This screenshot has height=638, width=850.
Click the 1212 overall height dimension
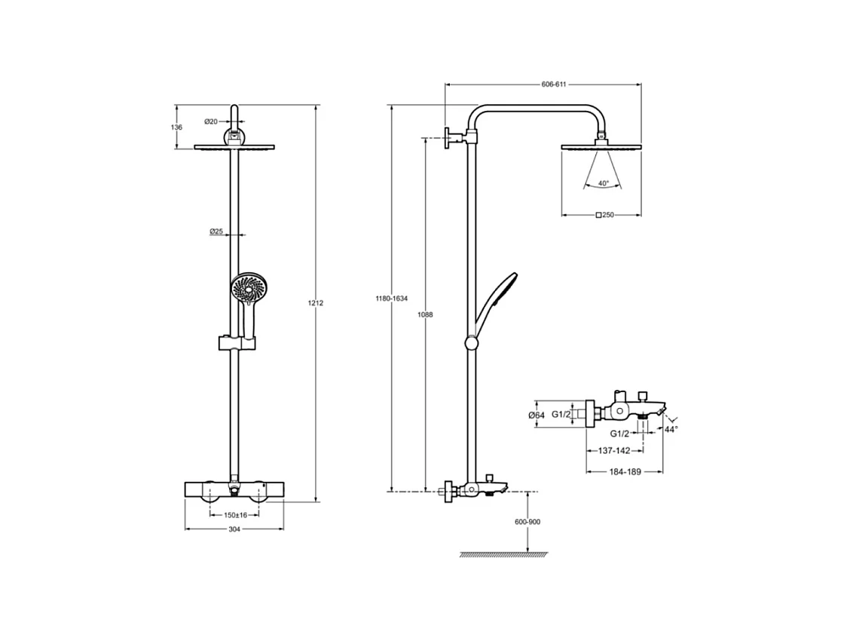click(x=315, y=302)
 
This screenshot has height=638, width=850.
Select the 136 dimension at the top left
click(x=177, y=127)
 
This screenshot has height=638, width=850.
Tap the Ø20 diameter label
click(x=211, y=121)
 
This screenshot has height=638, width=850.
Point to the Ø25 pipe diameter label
click(x=216, y=232)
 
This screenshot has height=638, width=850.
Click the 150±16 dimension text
click(x=234, y=515)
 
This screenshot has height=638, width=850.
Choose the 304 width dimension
click(x=234, y=529)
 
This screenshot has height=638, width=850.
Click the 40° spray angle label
click(x=604, y=183)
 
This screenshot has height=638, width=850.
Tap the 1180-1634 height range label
click(x=392, y=299)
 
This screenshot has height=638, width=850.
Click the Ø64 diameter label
click(x=537, y=415)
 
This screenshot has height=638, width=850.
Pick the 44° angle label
click(x=671, y=429)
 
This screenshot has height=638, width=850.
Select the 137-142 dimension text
click(x=615, y=451)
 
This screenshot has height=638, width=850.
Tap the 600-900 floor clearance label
click(x=527, y=522)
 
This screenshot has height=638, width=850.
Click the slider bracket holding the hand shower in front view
click(x=236, y=343)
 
